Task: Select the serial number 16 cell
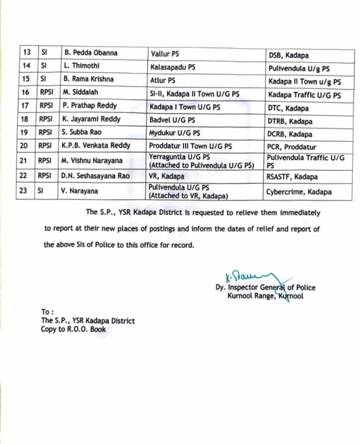pyautogui.click(x=26, y=93)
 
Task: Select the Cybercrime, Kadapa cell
pyautogui.click(x=298, y=191)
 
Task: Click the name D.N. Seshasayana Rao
pyautogui.click(x=95, y=176)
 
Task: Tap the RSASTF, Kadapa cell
pyautogui.click(x=292, y=177)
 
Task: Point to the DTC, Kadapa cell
pyautogui.click(x=288, y=108)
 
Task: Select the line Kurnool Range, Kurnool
pyautogui.click(x=265, y=296)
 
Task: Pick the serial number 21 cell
pyautogui.click(x=26, y=160)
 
